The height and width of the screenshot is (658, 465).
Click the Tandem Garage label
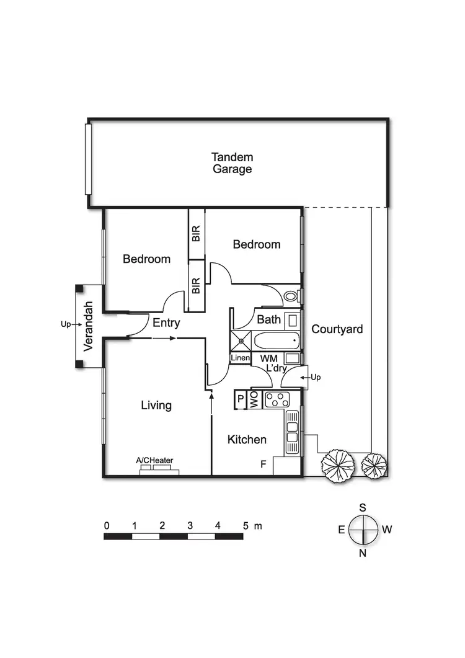point(232,163)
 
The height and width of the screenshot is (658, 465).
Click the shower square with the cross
point(240,340)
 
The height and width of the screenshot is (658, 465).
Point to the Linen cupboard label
point(240,358)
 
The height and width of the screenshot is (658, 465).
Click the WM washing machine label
point(268,358)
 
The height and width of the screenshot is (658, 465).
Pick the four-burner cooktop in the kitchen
point(277,399)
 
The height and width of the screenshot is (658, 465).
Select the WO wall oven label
point(254,400)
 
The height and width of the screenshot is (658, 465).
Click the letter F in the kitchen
point(263,463)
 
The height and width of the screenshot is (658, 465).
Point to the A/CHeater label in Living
point(154,460)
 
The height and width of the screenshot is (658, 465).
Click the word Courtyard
point(337,329)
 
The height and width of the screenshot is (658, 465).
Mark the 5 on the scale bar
point(246,525)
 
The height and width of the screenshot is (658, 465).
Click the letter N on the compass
point(363,553)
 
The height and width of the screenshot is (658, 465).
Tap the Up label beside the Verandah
point(66,324)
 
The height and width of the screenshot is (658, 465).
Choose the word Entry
point(166,322)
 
